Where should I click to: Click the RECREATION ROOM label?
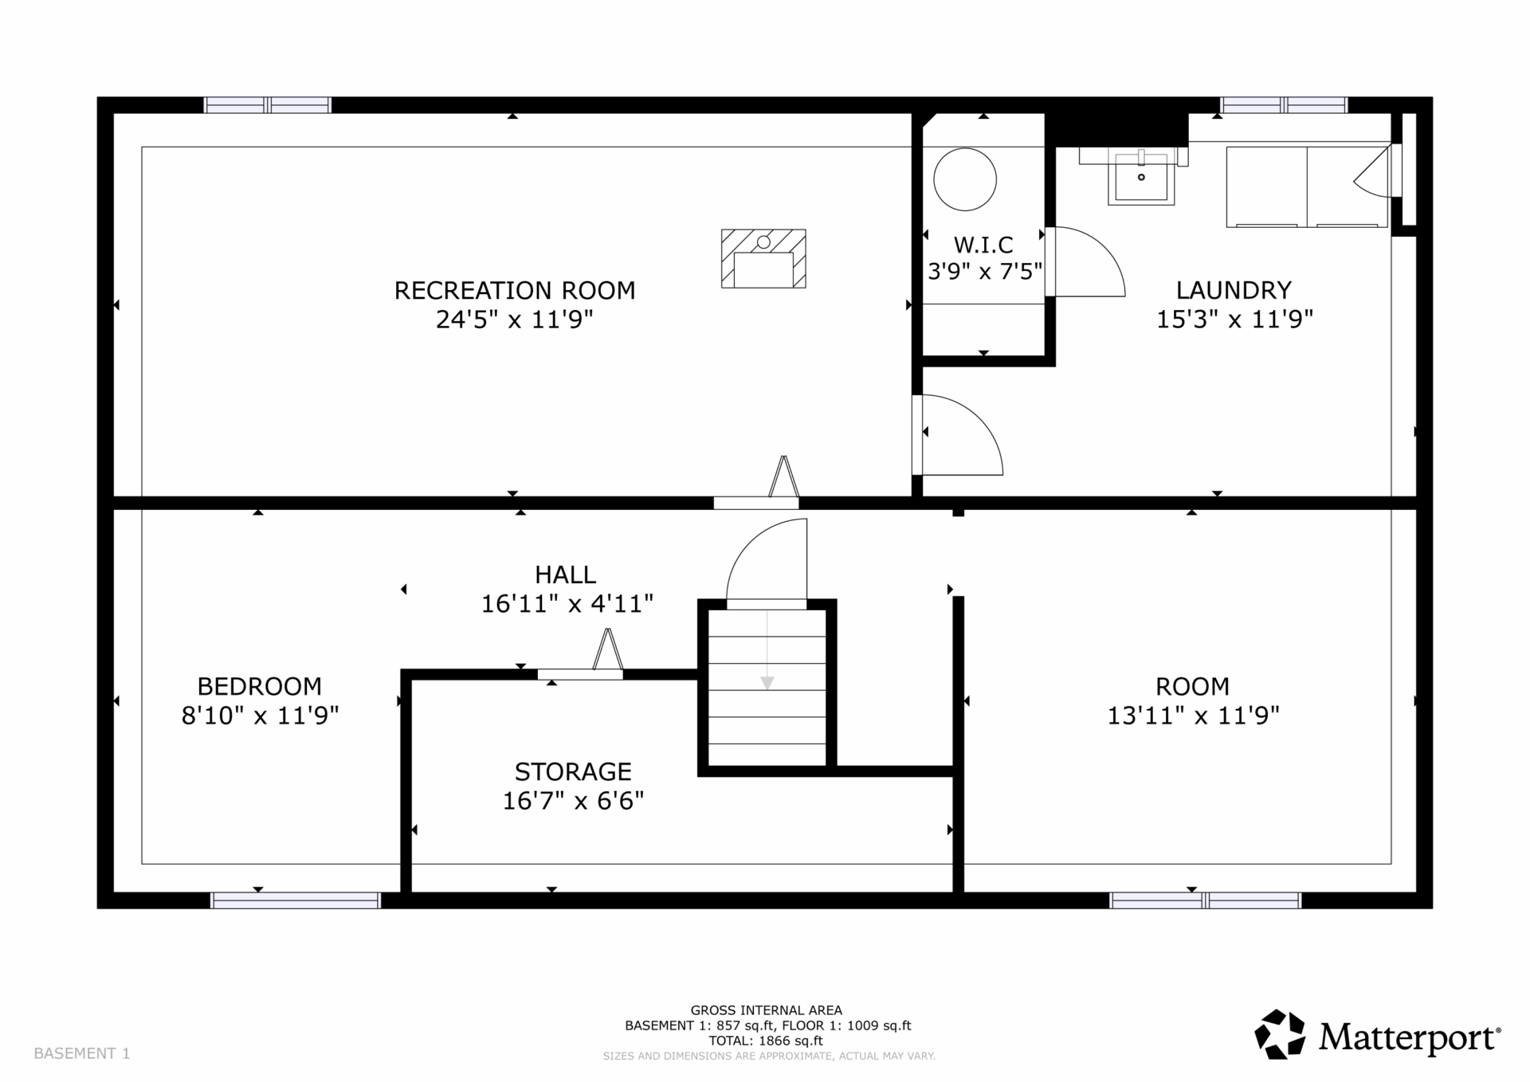click(515, 290)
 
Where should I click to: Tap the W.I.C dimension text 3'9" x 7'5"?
click(985, 272)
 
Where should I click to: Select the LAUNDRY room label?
click(1234, 290)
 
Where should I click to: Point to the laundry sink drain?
click(1141, 177)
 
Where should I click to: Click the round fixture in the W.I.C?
click(965, 179)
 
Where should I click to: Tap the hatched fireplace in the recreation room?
click(763, 258)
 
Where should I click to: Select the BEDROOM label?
click(260, 686)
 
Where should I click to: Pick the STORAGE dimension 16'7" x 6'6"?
click(573, 800)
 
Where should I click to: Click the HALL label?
click(565, 574)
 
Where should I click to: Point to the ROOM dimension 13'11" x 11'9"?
click(1193, 715)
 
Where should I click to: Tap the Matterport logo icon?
click(1280, 1034)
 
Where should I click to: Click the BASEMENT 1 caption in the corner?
click(82, 1053)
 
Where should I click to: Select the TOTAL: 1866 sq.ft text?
click(766, 1041)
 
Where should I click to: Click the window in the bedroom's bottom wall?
click(296, 900)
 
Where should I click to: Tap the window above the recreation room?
click(268, 105)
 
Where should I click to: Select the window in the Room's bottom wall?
click(1206, 900)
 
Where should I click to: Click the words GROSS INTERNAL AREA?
click(766, 1010)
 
